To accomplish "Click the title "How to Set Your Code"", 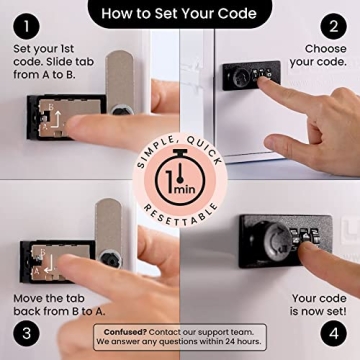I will tap(180, 14).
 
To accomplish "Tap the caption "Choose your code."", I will tap(317, 54).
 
